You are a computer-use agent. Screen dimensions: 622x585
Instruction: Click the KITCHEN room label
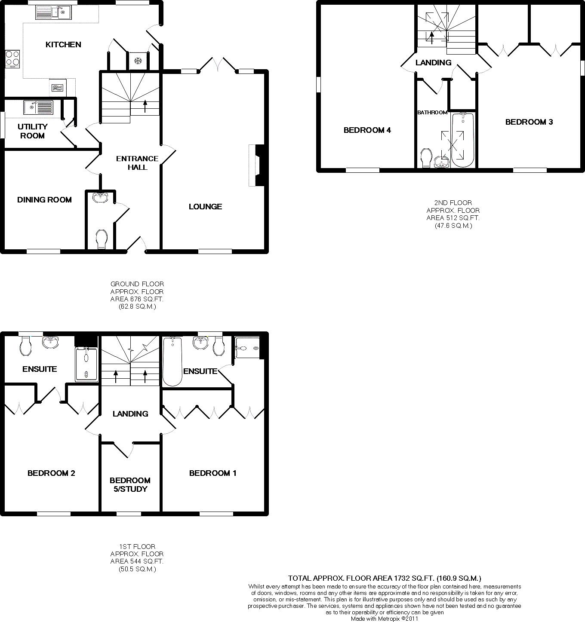63,45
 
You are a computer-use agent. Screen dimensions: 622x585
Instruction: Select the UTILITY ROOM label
32,131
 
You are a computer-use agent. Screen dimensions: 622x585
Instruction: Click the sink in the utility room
38,107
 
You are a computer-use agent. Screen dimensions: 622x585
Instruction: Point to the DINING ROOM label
44,200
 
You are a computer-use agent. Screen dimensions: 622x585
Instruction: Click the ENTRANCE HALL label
137,163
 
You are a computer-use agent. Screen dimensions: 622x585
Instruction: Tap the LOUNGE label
205,207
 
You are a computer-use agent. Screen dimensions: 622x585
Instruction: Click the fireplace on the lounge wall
256,165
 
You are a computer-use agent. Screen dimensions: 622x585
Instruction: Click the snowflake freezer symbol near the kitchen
138,61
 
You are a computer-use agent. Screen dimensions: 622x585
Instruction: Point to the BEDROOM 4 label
367,130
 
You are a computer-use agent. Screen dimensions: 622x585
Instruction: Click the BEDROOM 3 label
529,122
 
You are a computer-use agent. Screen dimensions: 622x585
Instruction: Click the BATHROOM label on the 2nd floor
432,113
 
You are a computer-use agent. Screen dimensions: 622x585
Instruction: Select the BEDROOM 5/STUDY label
130,484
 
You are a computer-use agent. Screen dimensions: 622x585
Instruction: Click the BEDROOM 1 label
212,473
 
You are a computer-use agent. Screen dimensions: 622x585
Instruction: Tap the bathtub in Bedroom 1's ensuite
172,361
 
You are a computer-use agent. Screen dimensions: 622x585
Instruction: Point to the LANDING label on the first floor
130,414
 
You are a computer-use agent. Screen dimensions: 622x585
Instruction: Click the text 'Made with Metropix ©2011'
384,619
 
